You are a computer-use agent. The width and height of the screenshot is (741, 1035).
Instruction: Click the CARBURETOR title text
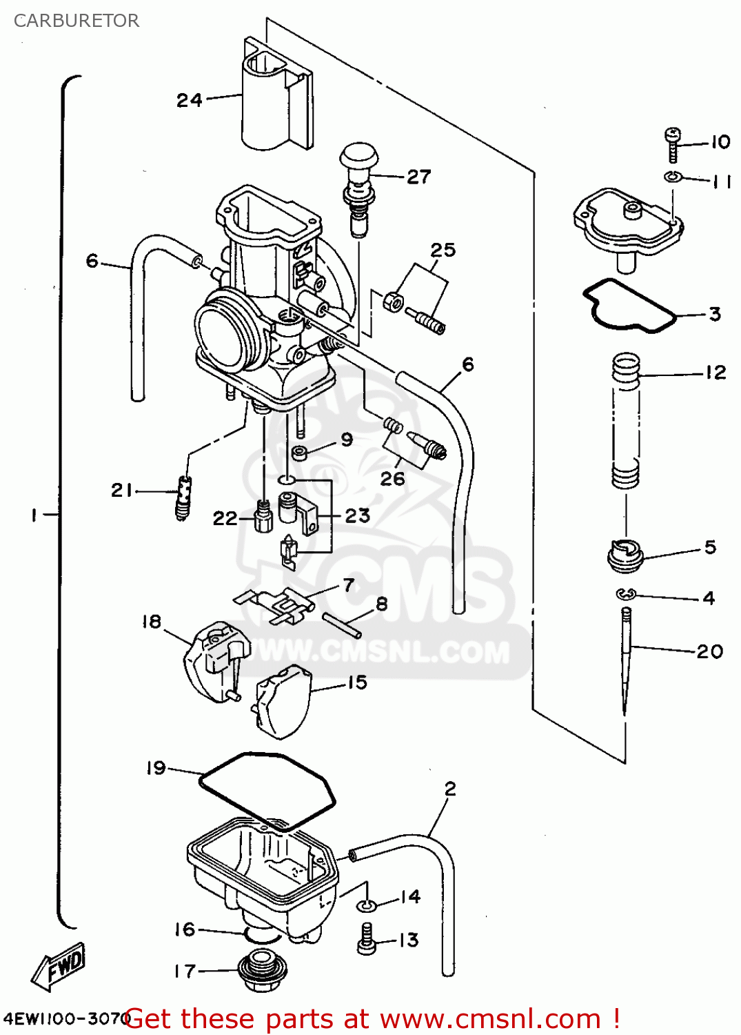(77, 21)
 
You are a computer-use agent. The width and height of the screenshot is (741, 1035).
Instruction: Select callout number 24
(190, 101)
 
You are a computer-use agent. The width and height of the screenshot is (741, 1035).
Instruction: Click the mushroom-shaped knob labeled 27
(359, 157)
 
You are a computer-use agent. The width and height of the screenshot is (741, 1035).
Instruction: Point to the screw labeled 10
(673, 144)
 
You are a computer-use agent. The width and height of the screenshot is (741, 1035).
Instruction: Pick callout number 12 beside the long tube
(715, 373)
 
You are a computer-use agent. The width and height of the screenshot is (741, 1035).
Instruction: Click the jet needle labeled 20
(625, 662)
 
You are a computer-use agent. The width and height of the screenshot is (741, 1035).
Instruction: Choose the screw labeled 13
(367, 939)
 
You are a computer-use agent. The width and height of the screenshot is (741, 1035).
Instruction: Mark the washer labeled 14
(367, 905)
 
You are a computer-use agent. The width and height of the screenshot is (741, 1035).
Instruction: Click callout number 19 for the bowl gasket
(156, 768)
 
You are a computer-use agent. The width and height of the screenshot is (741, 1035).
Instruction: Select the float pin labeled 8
(341, 621)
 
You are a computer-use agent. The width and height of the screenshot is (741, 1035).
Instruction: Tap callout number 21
(121, 491)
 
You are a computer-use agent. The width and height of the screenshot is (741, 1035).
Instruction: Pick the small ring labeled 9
(301, 453)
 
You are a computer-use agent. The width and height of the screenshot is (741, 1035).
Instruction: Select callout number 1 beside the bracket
(33, 515)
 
